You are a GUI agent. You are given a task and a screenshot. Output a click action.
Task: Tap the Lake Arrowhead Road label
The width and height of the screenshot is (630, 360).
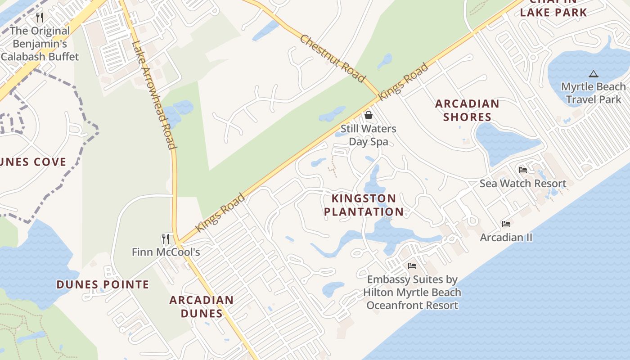pyautogui.click(x=153, y=94)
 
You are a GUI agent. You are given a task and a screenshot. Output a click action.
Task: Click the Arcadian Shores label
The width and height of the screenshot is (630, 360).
pyautogui.click(x=467, y=110)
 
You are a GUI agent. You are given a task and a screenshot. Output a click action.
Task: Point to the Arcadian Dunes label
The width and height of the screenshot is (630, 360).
pyautogui.click(x=201, y=306)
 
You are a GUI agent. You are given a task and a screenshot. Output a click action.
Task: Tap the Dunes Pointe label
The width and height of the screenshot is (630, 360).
pyautogui.click(x=103, y=284)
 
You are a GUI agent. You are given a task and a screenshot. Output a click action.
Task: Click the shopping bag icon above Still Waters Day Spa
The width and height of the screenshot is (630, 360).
pyautogui.click(x=369, y=115)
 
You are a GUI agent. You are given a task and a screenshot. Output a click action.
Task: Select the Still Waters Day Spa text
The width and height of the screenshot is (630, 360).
pyautogui.click(x=368, y=135)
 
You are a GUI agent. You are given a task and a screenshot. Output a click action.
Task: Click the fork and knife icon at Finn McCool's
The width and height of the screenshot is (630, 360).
pyautogui.click(x=166, y=238)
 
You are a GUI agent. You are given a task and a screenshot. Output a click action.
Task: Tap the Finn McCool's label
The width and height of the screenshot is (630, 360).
pyautogui.click(x=166, y=252)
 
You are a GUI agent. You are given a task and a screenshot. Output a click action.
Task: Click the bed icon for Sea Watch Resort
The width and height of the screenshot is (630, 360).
pyautogui.click(x=522, y=170)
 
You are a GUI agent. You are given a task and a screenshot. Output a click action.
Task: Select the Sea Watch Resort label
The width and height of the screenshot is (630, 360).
pyautogui.click(x=522, y=184)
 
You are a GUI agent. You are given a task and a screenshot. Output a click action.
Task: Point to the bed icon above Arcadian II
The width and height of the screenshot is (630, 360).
pyautogui.click(x=506, y=224)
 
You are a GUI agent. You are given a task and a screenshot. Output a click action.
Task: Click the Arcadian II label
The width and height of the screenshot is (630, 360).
pyautogui.click(x=506, y=237)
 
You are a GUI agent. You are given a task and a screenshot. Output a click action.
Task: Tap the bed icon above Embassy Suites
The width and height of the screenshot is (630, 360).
pyautogui.click(x=412, y=265)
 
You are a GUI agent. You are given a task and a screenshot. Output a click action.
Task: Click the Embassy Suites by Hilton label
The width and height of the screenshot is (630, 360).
pyautogui.click(x=412, y=292)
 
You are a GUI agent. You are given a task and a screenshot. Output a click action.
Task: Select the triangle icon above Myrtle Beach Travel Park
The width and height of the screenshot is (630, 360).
pyautogui.click(x=593, y=74)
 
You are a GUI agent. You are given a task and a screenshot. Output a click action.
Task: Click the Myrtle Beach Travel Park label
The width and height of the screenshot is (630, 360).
pyautogui.click(x=593, y=93)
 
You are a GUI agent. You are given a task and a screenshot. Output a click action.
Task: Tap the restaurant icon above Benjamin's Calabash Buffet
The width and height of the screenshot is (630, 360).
pyautogui.click(x=40, y=18)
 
